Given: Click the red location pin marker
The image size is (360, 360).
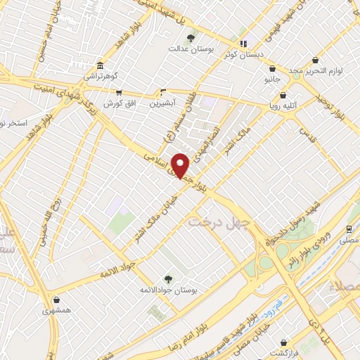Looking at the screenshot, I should (x=181, y=166).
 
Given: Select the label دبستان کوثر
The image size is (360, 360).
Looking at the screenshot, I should (x=243, y=54).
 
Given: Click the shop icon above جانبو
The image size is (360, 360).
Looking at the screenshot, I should (x=272, y=68).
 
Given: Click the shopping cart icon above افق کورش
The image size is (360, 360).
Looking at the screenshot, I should (x=119, y=92).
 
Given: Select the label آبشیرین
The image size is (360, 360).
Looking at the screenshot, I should (x=164, y=103).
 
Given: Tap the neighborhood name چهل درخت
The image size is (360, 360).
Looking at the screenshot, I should (x=215, y=221).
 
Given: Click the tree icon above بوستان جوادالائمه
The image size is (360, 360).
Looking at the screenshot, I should (x=167, y=278).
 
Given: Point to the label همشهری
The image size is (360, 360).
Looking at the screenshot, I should (x=56, y=310).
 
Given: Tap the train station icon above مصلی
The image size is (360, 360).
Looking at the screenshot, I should (x=349, y=229).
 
